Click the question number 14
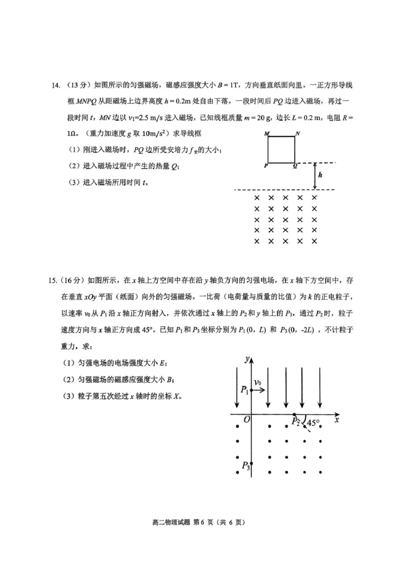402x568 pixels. click(x=56, y=85)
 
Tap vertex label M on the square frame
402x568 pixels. click(x=266, y=134)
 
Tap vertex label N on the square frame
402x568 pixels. click(x=298, y=134)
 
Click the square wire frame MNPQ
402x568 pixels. click(x=281, y=150)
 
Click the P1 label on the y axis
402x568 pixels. click(x=244, y=390)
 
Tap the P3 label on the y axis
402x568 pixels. click(x=245, y=466)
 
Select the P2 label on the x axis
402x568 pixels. click(x=296, y=422)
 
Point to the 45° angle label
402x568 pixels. click(x=314, y=423)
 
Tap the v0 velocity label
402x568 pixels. click(x=257, y=383)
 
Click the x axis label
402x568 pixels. click(x=337, y=418)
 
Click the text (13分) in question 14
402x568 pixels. click(x=78, y=85)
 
